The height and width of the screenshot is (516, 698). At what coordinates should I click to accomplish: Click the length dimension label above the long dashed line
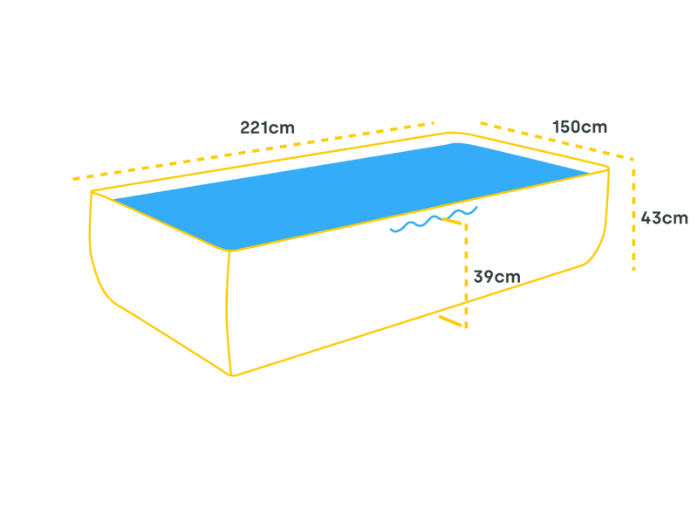267,127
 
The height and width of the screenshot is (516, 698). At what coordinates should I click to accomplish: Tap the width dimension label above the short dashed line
580,127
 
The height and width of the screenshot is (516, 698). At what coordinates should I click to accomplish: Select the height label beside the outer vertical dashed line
665,218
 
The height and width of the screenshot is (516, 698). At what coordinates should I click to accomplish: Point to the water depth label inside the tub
496,278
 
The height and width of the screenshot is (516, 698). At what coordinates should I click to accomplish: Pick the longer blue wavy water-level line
415,225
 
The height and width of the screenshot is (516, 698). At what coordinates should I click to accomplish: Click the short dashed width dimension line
550,137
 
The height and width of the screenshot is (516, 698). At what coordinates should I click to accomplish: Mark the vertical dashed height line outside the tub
633,218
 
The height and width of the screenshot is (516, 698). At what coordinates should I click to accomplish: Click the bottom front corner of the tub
232,375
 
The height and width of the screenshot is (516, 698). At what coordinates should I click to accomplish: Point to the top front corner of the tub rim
230,252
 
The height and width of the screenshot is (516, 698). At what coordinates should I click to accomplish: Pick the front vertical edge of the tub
230,314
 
